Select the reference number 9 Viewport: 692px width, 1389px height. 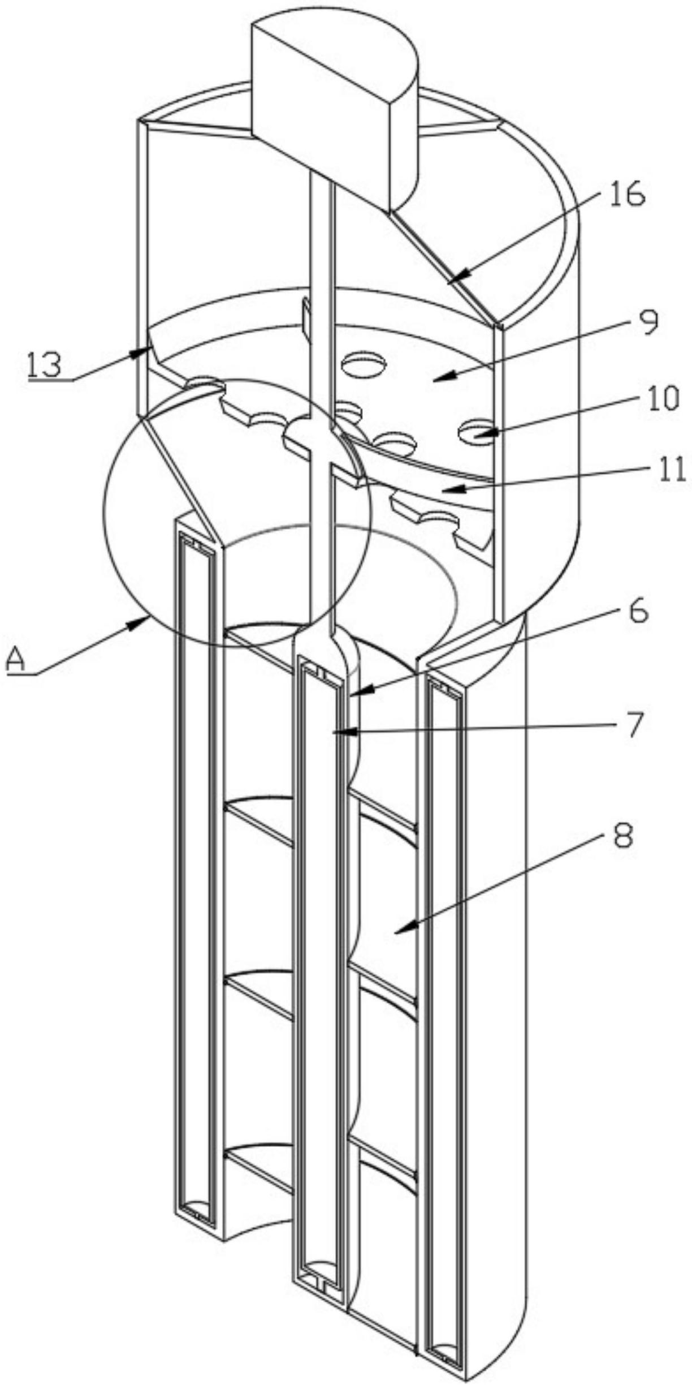tap(642, 324)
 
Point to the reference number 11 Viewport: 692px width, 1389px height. tap(671, 470)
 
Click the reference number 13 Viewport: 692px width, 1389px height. tap(44, 365)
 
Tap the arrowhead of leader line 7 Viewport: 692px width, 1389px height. tap(334, 733)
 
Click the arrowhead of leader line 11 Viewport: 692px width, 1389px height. tap(442, 488)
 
